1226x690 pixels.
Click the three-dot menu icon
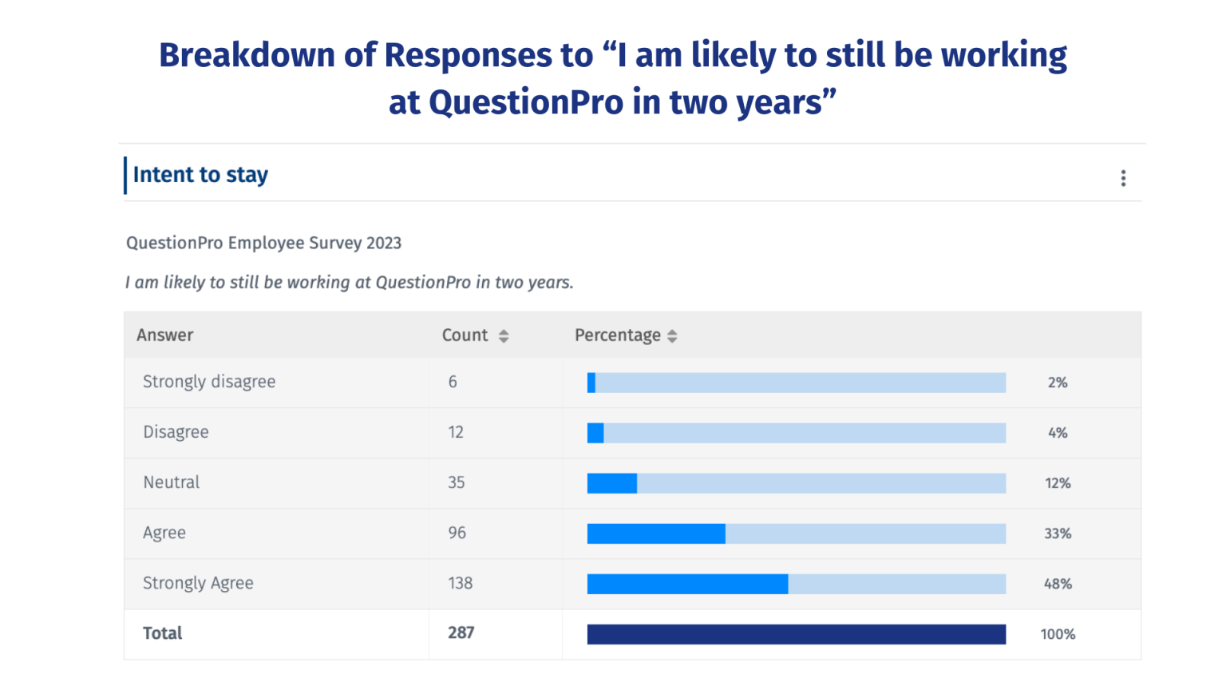pos(1123,178)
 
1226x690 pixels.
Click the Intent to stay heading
pos(200,175)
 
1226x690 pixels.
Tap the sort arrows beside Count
pos(504,336)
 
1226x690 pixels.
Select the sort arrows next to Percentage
pos(672,336)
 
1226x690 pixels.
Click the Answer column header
pos(165,335)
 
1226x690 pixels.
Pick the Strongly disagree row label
pos(209,382)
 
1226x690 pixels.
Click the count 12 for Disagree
pos(456,432)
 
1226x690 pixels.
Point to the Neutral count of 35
pos(457,482)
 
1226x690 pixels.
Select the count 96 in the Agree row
pos(457,533)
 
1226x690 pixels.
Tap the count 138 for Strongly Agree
pos(461,583)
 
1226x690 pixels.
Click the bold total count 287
pos(461,632)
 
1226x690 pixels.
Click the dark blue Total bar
pos(796,634)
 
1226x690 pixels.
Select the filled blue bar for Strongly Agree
pos(687,584)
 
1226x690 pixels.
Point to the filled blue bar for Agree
pos(656,533)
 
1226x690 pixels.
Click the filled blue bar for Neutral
pos(612,483)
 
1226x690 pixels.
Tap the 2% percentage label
pos(1058,383)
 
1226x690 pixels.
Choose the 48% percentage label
pos(1058,584)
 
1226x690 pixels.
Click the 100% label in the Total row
pos(1058,634)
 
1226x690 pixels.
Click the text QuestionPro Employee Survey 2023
pos(263,243)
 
